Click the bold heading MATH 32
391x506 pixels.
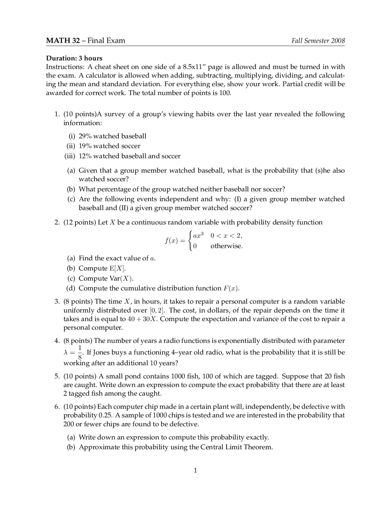[x=63, y=41]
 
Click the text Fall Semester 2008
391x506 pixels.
[x=318, y=41]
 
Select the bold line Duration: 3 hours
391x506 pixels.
[x=74, y=58]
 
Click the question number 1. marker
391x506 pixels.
[x=57, y=114]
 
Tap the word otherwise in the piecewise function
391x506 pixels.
[x=226, y=246]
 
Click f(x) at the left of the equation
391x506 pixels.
[x=171, y=241]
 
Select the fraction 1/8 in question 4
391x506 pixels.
[x=80, y=352]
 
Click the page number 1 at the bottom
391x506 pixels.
[x=195, y=470]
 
